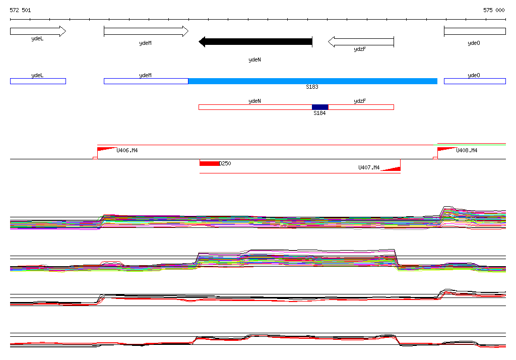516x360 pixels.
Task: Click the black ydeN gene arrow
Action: pyautogui.click(x=255, y=42)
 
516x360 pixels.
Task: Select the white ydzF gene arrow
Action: pyautogui.click(x=361, y=42)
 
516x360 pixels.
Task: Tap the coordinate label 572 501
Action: pyautogui.click(x=21, y=10)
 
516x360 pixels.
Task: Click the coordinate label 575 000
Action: pyautogui.click(x=494, y=10)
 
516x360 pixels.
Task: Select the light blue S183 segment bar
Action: pyautogui.click(x=312, y=81)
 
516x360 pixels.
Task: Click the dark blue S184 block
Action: pyautogui.click(x=320, y=107)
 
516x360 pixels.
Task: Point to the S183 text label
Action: pyautogui.click(x=312, y=87)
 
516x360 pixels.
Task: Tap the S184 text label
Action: pyautogui.click(x=319, y=113)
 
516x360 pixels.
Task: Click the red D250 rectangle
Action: pyautogui.click(x=209, y=163)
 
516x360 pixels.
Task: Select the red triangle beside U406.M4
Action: pyautogui.click(x=106, y=149)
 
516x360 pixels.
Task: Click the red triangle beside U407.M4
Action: pyautogui.click(x=392, y=167)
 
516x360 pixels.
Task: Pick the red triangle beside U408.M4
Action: pyautogui.click(x=446, y=149)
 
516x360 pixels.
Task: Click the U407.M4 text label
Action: pyautogui.click(x=369, y=167)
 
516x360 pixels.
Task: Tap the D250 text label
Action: pyautogui.click(x=225, y=163)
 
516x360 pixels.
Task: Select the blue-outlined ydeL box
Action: pyautogui.click(x=38, y=81)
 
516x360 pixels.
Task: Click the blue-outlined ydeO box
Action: pyautogui.click(x=475, y=81)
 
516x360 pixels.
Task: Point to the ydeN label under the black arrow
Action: pyautogui.click(x=255, y=60)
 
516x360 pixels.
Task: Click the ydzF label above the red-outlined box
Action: pyautogui.click(x=360, y=101)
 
